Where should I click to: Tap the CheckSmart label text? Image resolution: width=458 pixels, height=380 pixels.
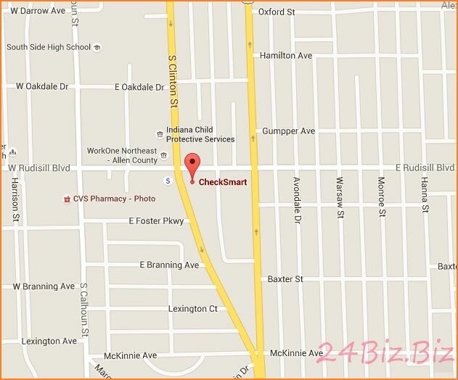(x=223, y=182)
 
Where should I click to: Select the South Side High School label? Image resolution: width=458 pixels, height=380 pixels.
(x=49, y=47)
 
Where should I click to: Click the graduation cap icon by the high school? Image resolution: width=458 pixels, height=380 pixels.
(x=97, y=48)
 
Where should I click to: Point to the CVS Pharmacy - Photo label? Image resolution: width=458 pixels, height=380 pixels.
(x=114, y=198)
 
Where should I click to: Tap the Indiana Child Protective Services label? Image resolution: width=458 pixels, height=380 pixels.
(x=200, y=135)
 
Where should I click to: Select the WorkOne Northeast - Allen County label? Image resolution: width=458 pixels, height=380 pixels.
(x=122, y=155)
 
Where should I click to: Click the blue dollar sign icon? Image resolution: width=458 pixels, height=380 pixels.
(x=168, y=181)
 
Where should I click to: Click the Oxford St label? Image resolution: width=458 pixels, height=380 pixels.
(x=277, y=12)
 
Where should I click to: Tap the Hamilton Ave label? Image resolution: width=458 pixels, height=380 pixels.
(x=285, y=55)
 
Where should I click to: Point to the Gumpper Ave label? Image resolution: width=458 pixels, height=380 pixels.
(x=288, y=131)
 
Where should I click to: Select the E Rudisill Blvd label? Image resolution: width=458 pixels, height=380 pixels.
(x=423, y=168)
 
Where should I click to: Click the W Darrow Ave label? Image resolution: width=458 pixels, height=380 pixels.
(x=34, y=12)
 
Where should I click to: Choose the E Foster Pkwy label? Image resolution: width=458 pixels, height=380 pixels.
(x=156, y=220)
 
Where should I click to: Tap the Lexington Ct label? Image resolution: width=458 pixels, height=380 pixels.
(x=192, y=309)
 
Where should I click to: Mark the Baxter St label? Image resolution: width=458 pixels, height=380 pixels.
(x=285, y=278)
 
